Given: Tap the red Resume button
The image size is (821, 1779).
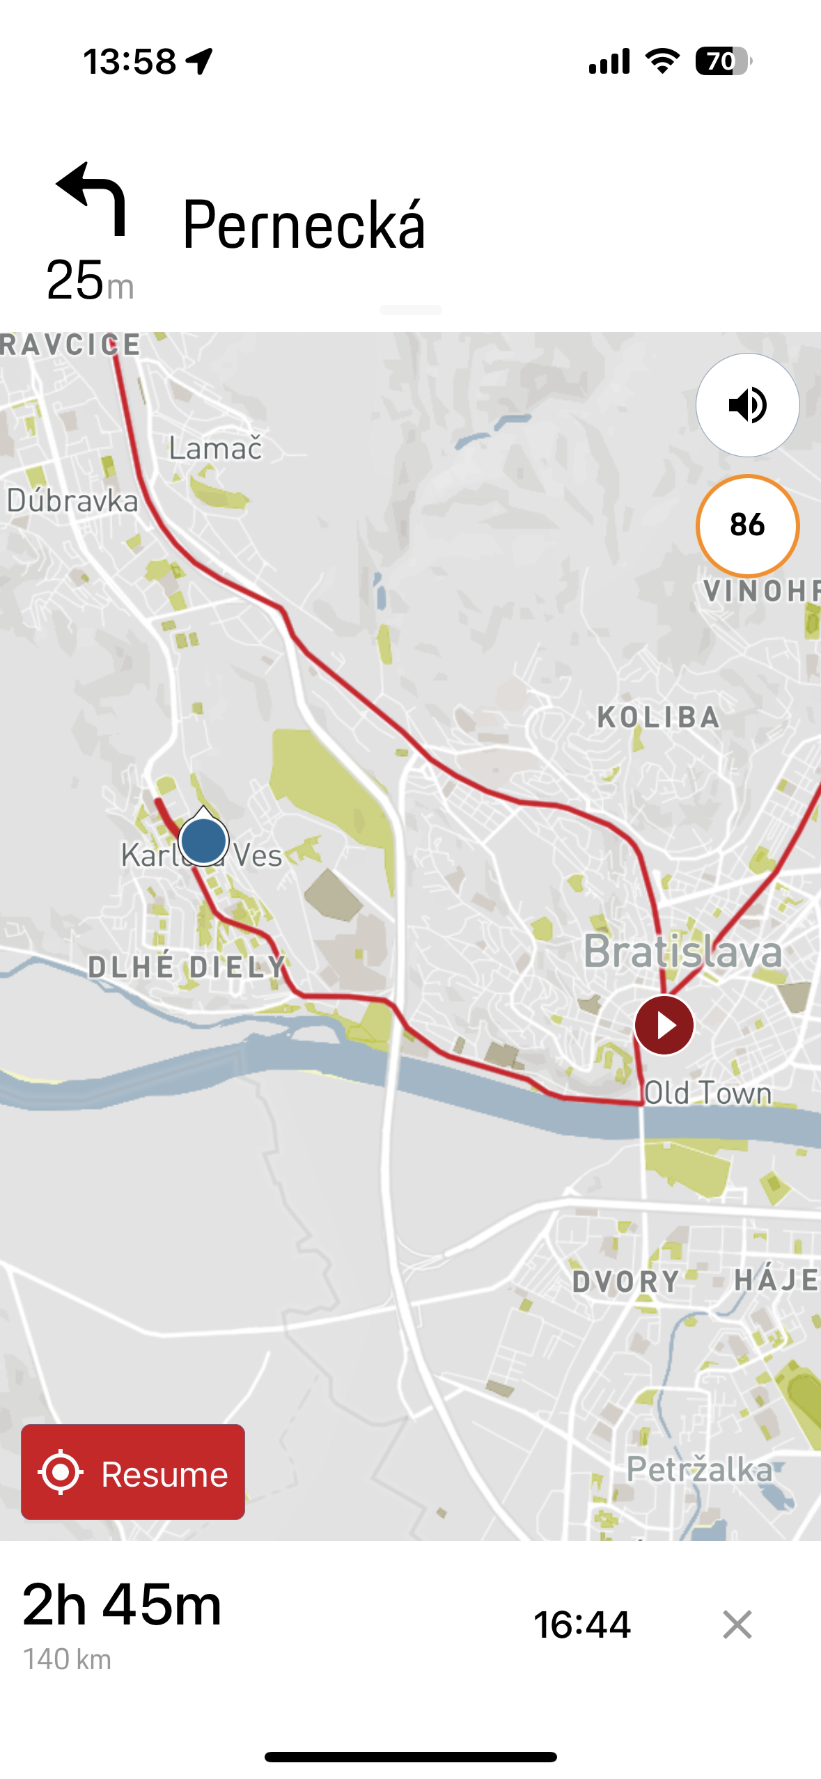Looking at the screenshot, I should point(132,1472).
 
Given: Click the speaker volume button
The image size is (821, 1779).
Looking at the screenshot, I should point(747,405).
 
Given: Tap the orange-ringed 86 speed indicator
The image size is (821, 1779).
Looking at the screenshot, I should point(747,525).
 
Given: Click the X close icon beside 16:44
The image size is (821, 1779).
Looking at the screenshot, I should point(737,1625).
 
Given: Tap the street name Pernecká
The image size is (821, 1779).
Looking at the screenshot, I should point(304,225).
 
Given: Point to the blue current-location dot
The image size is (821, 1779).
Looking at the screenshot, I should point(203,841).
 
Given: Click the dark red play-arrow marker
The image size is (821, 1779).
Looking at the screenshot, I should point(664,1025).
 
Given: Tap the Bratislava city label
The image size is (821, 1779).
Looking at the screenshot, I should point(682,951).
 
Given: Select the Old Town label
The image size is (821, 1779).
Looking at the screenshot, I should point(707,1093).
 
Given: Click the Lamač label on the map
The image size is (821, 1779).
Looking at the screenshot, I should point(216,449).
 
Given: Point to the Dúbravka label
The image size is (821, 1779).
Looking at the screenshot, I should point(72,501).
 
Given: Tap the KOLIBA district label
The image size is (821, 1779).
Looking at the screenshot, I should point(658,718).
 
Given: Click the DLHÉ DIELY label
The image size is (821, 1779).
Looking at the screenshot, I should point(187,967).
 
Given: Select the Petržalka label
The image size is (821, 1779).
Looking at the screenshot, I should point(699,1469).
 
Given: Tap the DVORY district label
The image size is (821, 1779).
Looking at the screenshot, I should point(625,1281).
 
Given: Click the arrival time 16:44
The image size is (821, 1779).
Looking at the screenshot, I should point(582,1625).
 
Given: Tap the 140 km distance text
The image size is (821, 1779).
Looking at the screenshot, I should point(67,1660).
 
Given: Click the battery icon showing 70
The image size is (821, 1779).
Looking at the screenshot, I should point(723,61).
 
